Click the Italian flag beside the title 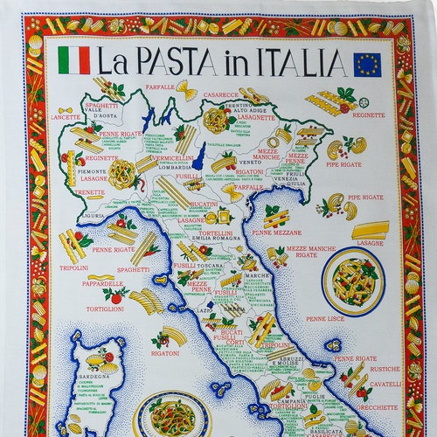click(x=74, y=60)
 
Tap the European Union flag click(x=367, y=64)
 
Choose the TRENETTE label click(x=88, y=192)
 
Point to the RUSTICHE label click(x=385, y=368)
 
